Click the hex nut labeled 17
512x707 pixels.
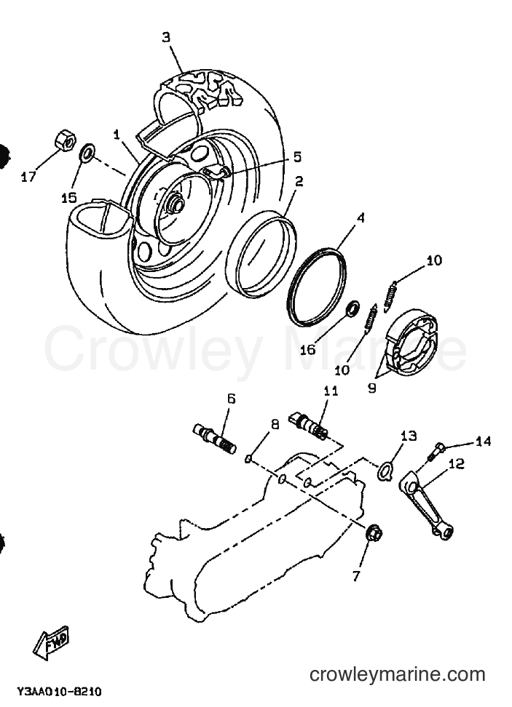[65, 140]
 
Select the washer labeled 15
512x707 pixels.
[87, 153]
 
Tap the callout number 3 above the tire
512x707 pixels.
[167, 37]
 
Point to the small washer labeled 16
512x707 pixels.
[353, 308]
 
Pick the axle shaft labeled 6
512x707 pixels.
[215, 439]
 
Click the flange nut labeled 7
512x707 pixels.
[374, 535]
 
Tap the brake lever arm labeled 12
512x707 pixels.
[427, 504]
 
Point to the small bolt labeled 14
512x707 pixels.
[436, 451]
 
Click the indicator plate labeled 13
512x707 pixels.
[385, 468]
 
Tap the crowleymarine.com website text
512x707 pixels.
[398, 674]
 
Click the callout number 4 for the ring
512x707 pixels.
[360, 218]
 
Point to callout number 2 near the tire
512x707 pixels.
[299, 181]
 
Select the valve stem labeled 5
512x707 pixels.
[216, 172]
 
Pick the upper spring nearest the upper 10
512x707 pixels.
[391, 296]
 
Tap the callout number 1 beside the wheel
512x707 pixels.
[117, 135]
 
